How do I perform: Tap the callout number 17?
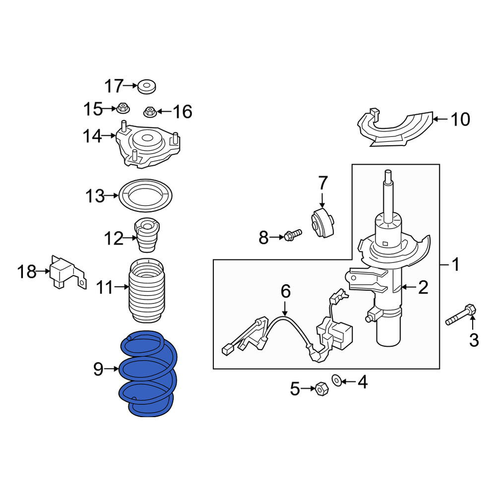point(114,86)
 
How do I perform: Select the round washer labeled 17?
point(147,87)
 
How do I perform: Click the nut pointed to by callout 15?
point(123,109)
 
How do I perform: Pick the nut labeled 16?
point(150,112)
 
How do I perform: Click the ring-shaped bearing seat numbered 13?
point(145,195)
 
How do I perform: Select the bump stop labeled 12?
point(147,235)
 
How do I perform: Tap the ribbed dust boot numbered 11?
point(147,290)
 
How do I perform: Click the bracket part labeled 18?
point(67,272)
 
